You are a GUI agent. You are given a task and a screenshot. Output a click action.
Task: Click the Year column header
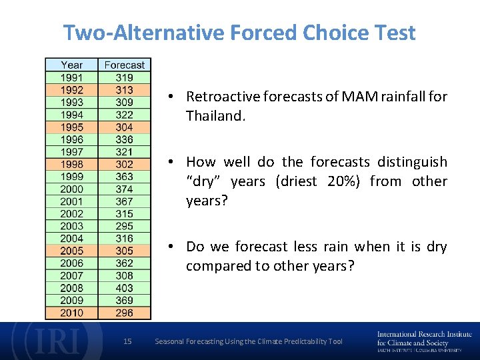tap(71, 65)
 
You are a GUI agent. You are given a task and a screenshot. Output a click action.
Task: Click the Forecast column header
tap(124, 65)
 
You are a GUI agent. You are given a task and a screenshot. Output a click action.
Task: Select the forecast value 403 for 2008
tap(124, 288)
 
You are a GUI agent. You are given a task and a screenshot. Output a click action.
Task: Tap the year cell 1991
tap(71, 77)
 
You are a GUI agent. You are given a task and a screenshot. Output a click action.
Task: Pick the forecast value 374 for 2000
tap(124, 189)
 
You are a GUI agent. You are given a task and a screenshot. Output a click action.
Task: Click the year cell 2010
tap(71, 313)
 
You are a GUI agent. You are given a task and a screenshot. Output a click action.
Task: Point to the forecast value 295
tap(124, 226)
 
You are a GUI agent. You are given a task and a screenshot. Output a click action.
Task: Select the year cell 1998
tap(71, 164)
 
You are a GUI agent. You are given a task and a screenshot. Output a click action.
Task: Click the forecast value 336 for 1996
tap(124, 139)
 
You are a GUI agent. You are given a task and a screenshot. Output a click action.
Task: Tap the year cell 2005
tap(71, 251)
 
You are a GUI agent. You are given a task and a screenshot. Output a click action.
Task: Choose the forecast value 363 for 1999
tap(124, 177)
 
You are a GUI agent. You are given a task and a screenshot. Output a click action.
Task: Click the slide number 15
tap(128, 341)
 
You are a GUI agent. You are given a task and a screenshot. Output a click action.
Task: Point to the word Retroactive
tap(223, 97)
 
